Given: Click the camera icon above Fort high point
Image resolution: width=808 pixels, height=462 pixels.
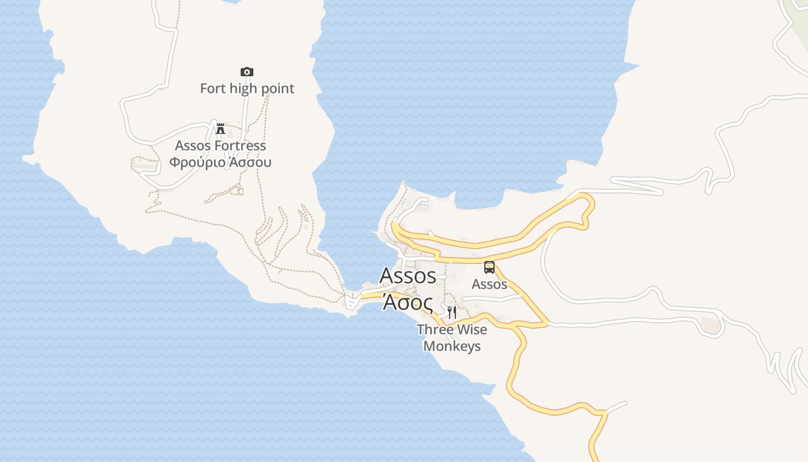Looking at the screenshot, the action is (247, 72).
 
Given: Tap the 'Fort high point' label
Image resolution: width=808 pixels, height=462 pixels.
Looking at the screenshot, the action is (247, 88).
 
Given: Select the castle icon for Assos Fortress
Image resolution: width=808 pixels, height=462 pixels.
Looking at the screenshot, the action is (220, 128).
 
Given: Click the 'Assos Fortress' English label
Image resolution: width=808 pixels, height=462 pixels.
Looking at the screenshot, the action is (220, 146).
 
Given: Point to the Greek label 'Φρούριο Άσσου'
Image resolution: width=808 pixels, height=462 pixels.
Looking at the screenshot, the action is (220, 162).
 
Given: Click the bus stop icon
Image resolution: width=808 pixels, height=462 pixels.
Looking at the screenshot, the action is (489, 267).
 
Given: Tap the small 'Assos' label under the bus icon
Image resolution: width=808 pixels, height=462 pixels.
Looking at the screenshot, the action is (489, 284).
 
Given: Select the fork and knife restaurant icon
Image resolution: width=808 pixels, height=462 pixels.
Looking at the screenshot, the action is (452, 312).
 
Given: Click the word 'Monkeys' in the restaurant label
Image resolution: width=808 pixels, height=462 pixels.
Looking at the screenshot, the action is (452, 346).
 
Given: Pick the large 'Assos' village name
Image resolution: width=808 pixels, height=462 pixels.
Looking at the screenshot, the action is (407, 276).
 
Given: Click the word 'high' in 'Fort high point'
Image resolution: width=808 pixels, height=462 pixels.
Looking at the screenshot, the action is (243, 88).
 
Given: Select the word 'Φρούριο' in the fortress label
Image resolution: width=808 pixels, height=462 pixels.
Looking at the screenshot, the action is (197, 162).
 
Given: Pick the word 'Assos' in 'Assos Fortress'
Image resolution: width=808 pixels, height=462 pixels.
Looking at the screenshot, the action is (193, 146).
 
